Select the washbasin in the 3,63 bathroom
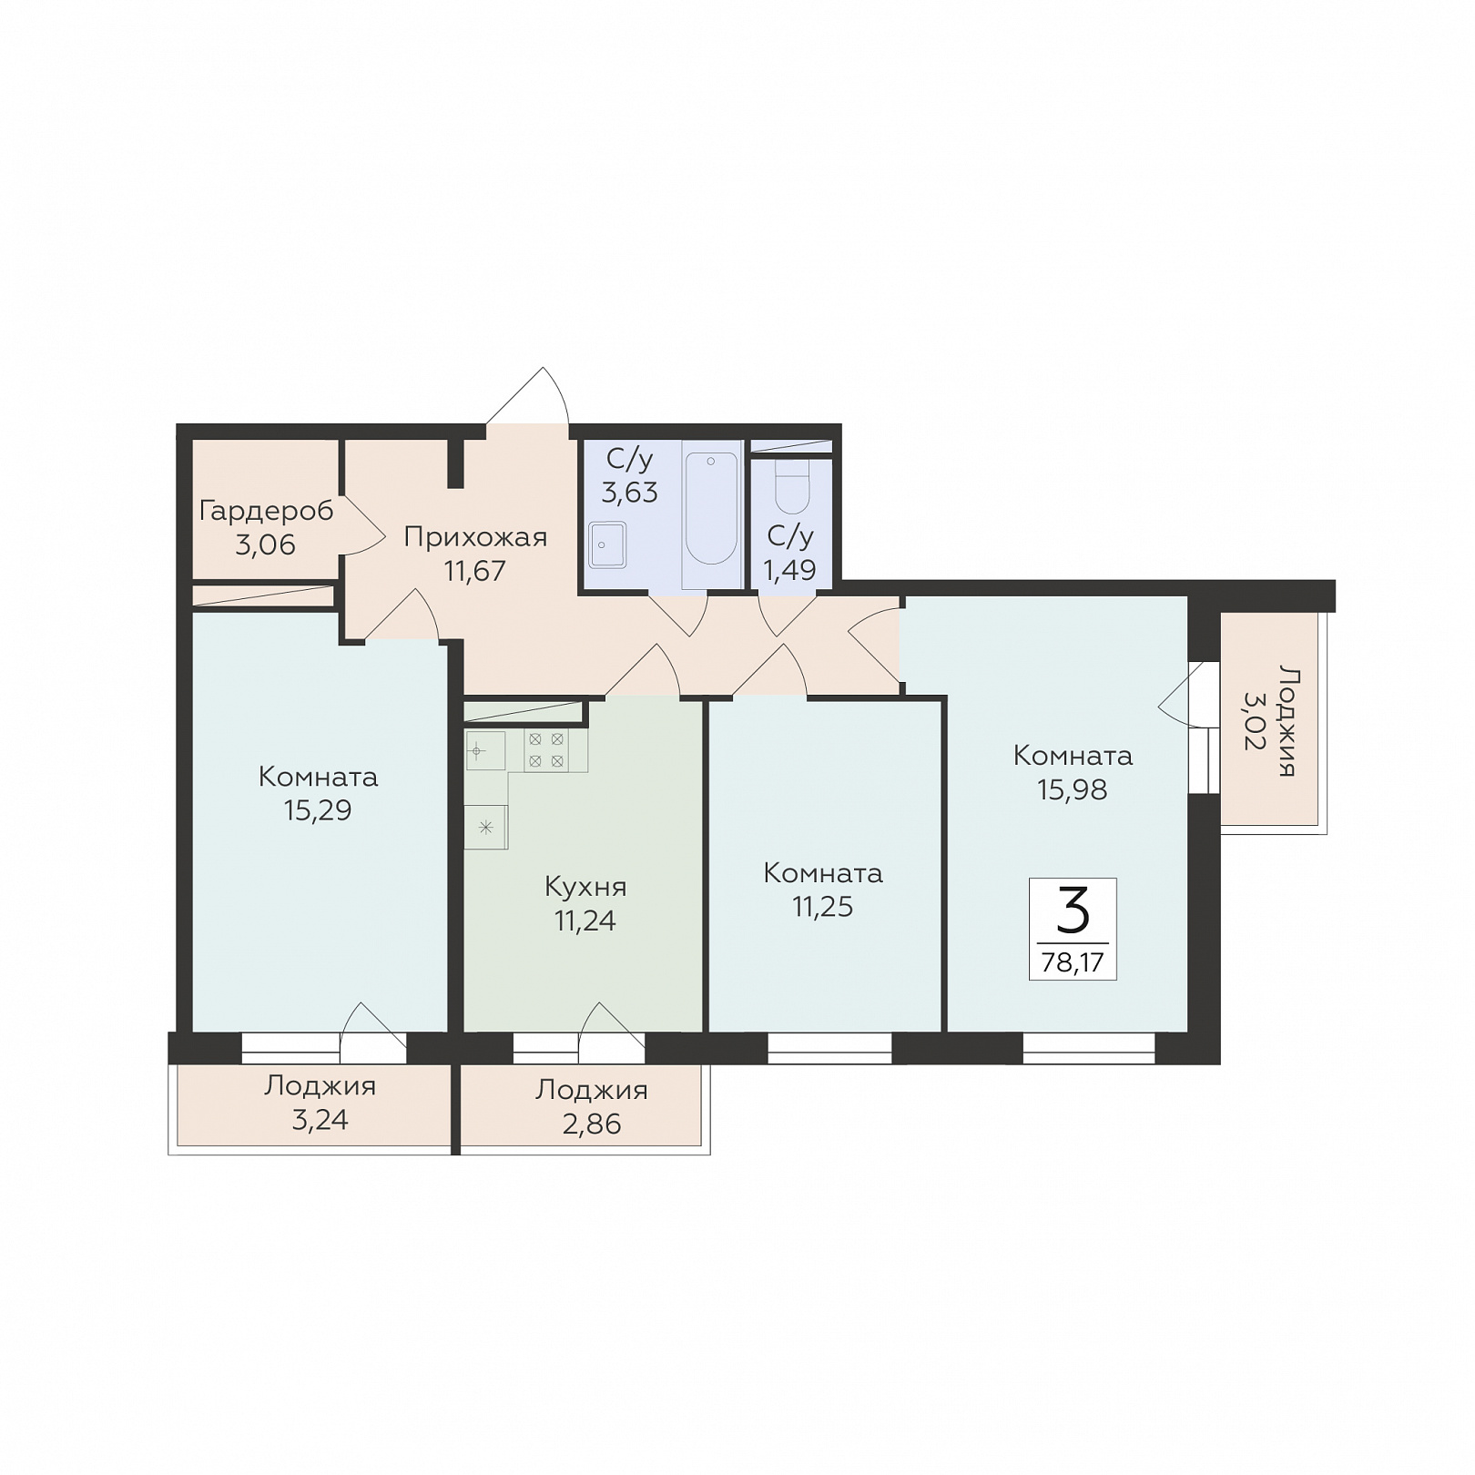point(606,544)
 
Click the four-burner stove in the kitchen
point(546,749)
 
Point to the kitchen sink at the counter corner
point(484,751)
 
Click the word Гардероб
point(266,511)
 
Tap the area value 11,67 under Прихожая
point(474,571)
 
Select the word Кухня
point(585,886)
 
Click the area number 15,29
point(318,810)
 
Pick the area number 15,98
point(1073,789)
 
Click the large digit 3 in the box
point(1073,910)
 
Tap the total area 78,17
point(1073,962)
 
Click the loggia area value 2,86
point(592,1124)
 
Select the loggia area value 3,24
point(320,1119)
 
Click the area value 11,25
point(823,907)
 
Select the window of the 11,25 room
point(829,1048)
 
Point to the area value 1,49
point(789,570)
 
